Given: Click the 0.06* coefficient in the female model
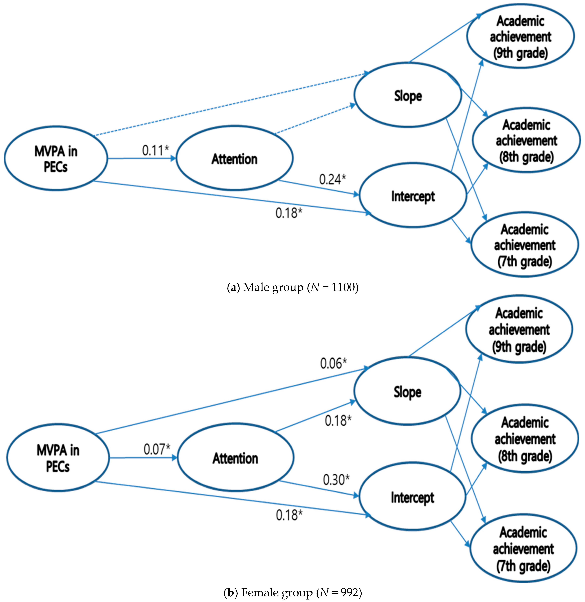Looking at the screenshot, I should point(333,363).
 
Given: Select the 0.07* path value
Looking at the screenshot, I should point(157,449).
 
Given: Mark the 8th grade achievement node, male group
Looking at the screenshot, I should point(526,141).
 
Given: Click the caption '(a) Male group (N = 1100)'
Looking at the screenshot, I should point(292,287).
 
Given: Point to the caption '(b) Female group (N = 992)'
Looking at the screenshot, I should point(292,592).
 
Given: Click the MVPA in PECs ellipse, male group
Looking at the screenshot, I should point(56,158).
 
